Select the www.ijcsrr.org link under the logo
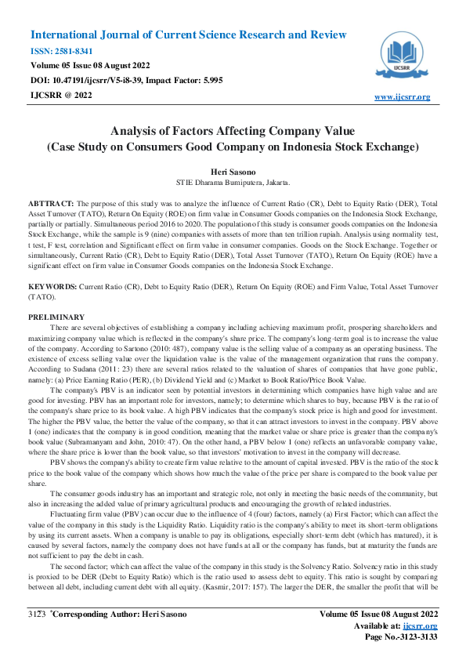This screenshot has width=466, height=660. tap(403, 96)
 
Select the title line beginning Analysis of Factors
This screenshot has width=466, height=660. tap(233, 131)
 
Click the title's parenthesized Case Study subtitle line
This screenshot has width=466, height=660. tap(233, 146)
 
